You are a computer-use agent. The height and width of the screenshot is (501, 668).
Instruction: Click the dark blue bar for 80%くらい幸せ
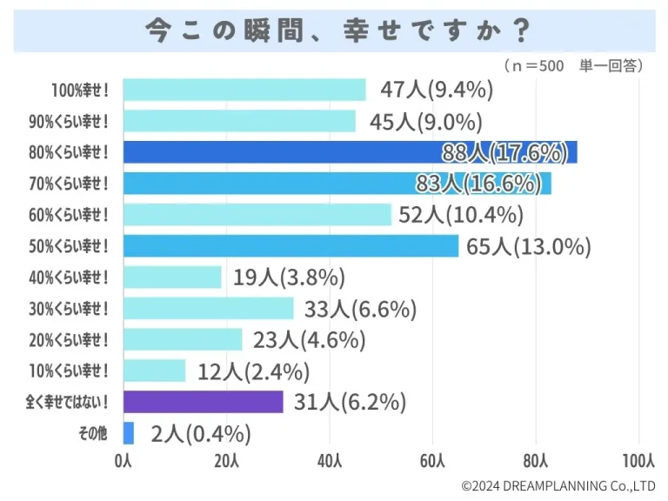click(348, 152)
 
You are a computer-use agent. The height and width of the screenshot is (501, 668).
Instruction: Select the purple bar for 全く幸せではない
click(203, 402)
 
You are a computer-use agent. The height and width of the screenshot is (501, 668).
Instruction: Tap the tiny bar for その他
click(129, 433)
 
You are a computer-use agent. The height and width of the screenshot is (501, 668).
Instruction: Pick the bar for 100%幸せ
click(244, 90)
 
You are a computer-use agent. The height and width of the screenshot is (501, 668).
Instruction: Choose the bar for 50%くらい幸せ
click(290, 246)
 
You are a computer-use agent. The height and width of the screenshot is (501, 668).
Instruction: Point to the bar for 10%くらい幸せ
click(154, 371)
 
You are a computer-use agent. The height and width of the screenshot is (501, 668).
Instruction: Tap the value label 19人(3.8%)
click(290, 277)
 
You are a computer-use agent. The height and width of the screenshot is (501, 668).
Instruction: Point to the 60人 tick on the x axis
click(432, 460)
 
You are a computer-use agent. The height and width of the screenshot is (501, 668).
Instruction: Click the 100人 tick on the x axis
click(639, 460)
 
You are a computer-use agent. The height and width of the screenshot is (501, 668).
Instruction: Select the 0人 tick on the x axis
click(124, 460)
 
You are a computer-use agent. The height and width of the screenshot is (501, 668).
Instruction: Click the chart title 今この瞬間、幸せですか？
click(335, 30)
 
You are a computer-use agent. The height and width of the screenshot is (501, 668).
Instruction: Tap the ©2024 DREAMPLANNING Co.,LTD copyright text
click(558, 485)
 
